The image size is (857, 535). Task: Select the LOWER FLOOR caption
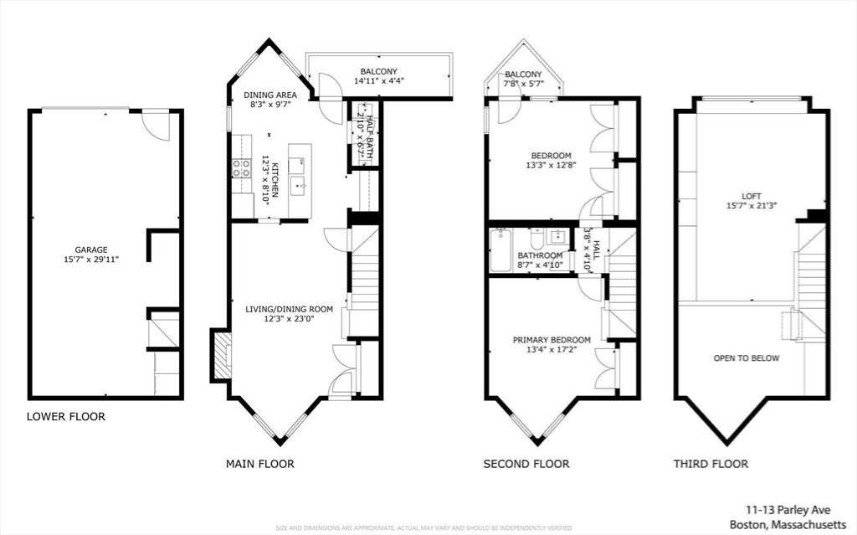pyautogui.click(x=66, y=416)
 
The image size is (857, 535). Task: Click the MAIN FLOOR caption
pyautogui.click(x=260, y=463)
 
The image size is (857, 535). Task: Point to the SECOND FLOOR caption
pyautogui.click(x=526, y=463)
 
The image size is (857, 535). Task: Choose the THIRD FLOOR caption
pyautogui.click(x=711, y=463)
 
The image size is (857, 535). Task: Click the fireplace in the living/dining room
pyautogui.click(x=222, y=355)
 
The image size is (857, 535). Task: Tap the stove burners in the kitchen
pyautogui.click(x=242, y=167)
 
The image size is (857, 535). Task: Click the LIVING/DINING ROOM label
pyautogui.click(x=290, y=309)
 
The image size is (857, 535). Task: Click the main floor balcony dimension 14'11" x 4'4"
pyautogui.click(x=378, y=82)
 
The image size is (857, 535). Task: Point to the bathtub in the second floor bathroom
pyautogui.click(x=500, y=249)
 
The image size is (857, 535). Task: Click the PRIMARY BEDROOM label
pyautogui.click(x=552, y=339)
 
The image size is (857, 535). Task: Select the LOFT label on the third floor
pyautogui.click(x=751, y=196)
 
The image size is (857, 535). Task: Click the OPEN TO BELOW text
pyautogui.click(x=746, y=358)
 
